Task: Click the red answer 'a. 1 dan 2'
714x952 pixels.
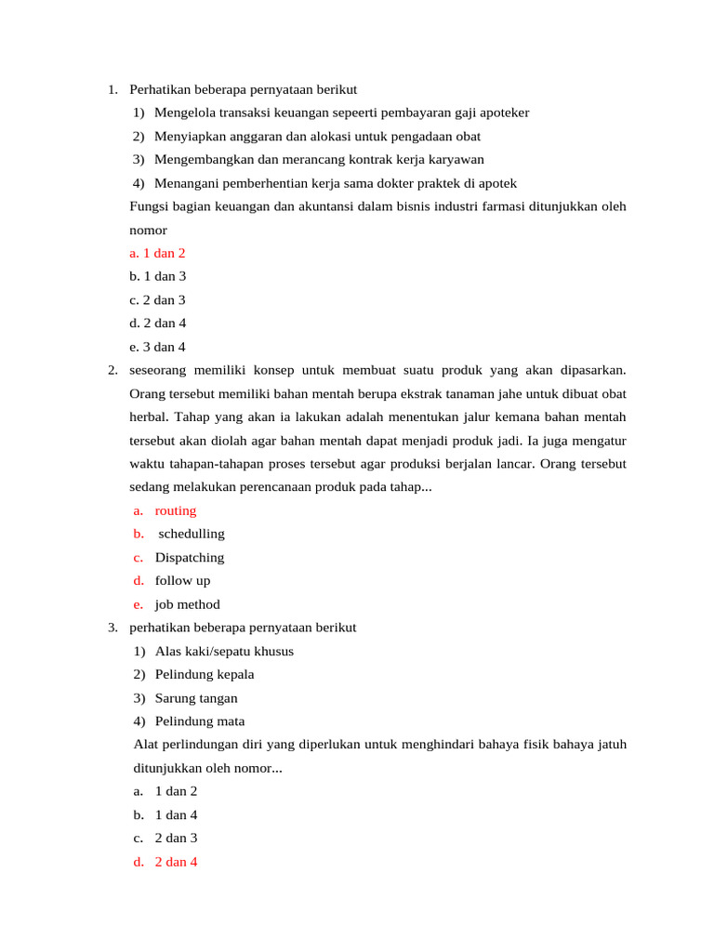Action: (x=158, y=253)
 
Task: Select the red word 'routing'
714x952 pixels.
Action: (x=176, y=510)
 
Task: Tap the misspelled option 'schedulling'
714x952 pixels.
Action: (x=192, y=534)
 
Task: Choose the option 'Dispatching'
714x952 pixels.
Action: (x=190, y=558)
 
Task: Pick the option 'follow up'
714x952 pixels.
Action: (x=182, y=581)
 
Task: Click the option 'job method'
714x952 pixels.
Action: (x=187, y=604)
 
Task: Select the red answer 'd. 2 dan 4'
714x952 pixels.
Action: (x=165, y=862)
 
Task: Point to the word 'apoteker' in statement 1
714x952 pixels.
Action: (x=503, y=112)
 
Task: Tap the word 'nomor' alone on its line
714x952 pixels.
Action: (x=148, y=229)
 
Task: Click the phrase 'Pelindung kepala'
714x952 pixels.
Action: (x=205, y=674)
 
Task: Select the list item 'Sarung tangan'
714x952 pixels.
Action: (x=196, y=698)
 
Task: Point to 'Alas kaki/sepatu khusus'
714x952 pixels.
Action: (x=224, y=651)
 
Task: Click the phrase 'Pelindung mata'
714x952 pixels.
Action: (x=200, y=721)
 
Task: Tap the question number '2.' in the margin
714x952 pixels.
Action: (x=112, y=370)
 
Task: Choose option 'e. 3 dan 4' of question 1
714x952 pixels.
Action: (x=158, y=347)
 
